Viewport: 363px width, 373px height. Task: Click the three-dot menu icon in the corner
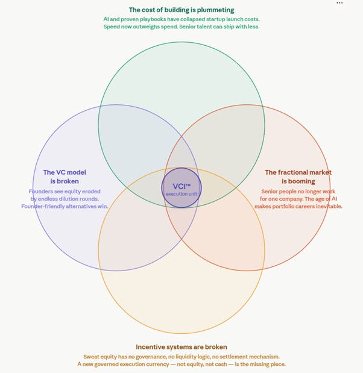339,3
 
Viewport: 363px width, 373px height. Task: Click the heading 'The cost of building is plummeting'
181,10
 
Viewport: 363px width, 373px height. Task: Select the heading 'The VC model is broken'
61,177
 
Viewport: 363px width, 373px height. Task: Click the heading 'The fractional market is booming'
298,177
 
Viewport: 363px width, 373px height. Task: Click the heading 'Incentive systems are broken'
181,347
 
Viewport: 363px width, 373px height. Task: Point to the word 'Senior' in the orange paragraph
271,191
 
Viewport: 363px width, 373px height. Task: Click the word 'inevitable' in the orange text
329,206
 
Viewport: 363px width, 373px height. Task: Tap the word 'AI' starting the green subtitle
106,19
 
